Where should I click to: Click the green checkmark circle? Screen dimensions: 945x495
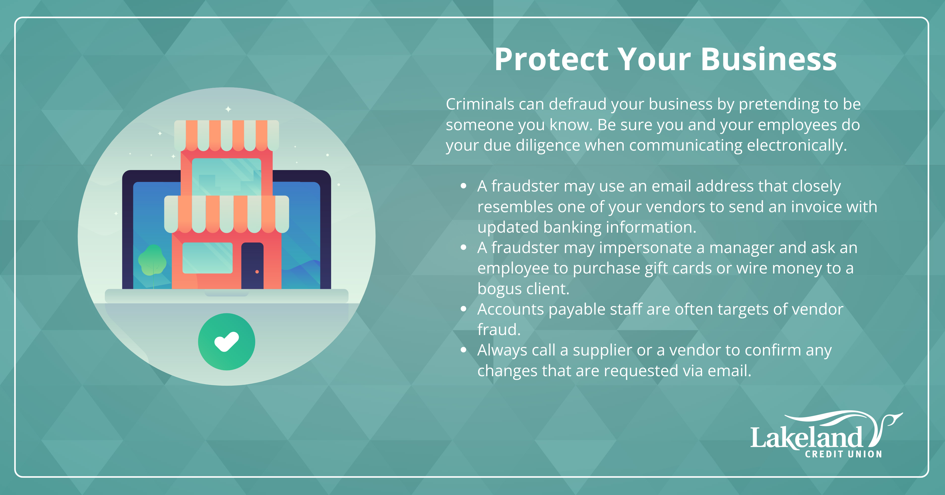coord(227,342)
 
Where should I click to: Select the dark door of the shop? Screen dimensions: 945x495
coord(253,265)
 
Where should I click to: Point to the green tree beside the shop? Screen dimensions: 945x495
coord(152,263)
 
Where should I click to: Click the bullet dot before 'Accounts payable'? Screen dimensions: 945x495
coord(464,309)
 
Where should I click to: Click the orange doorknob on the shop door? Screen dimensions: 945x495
coord(257,272)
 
